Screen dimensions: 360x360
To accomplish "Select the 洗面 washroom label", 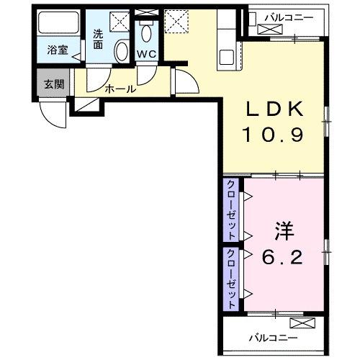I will [98, 37].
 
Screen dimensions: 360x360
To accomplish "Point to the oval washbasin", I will [120, 51].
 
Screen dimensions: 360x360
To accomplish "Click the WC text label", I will [147, 53].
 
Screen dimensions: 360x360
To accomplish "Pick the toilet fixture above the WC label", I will [146, 32].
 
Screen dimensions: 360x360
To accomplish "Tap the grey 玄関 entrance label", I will [53, 84].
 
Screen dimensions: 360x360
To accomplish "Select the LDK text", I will [276, 109].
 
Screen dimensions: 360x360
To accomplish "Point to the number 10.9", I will [276, 135].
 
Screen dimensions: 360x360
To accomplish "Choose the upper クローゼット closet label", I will [231, 210].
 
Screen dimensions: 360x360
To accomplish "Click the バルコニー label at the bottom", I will [274, 337].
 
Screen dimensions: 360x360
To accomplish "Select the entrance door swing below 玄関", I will [52, 112].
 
